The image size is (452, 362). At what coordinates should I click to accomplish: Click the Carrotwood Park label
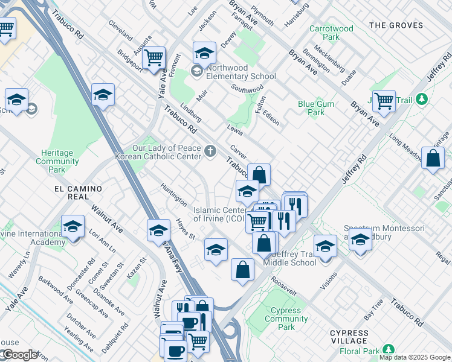point(331,33)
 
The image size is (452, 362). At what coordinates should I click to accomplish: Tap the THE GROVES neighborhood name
point(393,25)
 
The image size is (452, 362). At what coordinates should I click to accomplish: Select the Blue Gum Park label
point(316,108)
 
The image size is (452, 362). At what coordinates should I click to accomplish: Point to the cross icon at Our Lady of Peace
point(210,151)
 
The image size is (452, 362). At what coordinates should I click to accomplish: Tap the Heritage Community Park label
point(57,161)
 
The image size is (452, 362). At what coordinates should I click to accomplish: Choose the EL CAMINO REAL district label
point(79,189)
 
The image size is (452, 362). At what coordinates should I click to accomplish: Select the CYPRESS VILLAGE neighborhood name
point(349,337)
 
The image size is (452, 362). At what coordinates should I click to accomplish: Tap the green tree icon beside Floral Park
point(388,349)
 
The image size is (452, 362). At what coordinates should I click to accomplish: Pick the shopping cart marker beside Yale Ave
point(155,57)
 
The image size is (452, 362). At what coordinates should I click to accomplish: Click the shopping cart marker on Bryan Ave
point(384,101)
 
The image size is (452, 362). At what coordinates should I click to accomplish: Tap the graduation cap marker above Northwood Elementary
point(204,53)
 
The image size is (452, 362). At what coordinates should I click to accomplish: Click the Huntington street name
point(174,195)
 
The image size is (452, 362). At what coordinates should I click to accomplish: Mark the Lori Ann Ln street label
point(102,240)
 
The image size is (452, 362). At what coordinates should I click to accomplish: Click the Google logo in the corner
point(19,355)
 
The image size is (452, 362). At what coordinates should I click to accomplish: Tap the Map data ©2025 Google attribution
point(414,357)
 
